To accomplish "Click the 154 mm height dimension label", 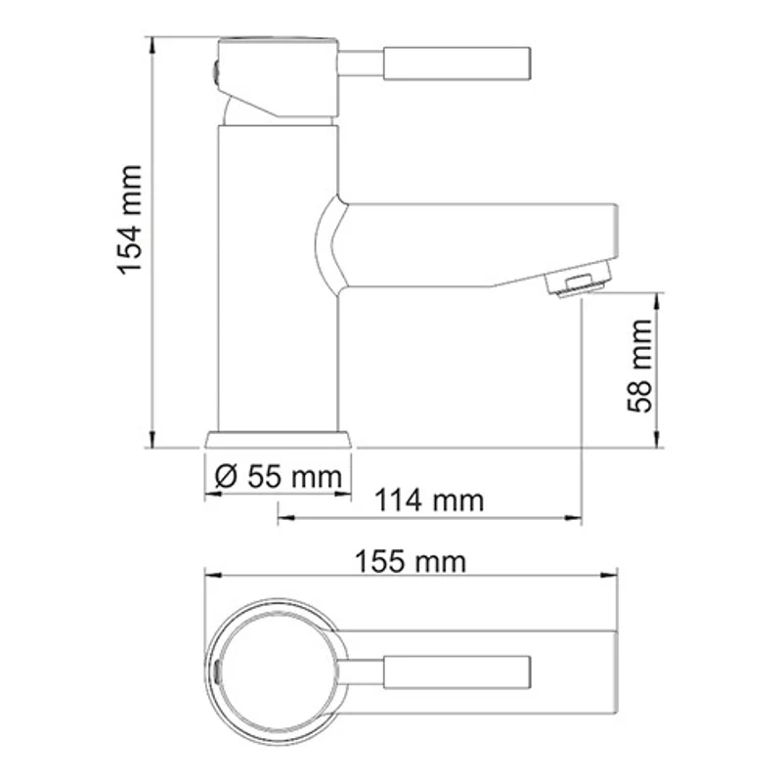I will click(131, 220).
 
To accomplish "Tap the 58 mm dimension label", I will click(640, 367).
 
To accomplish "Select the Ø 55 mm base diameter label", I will click(278, 477).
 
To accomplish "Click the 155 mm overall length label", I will click(412, 562).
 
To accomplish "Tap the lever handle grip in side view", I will click(456, 65).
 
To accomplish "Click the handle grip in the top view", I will click(458, 672).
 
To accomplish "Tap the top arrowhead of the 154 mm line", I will click(152, 44).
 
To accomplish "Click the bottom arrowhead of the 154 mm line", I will click(152, 441).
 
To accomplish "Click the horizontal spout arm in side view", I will click(469, 244).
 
